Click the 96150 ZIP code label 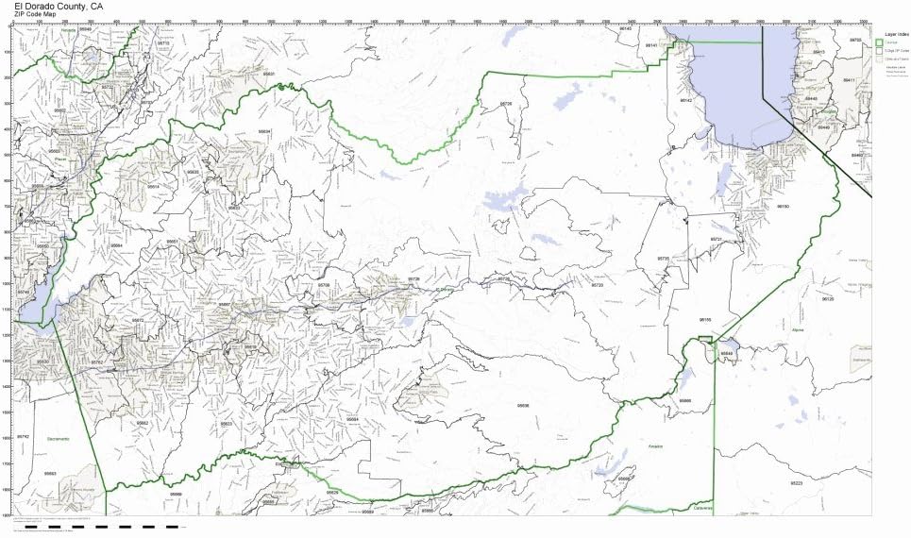coord(783,206)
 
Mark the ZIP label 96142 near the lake coord(686,100)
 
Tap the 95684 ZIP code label coord(352,418)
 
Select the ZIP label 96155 coord(704,319)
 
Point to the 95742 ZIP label coord(24,437)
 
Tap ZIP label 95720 coord(596,284)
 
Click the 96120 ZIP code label coord(828,298)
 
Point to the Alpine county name coord(796,328)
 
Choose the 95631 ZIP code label coord(268,73)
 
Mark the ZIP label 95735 coord(663,258)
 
